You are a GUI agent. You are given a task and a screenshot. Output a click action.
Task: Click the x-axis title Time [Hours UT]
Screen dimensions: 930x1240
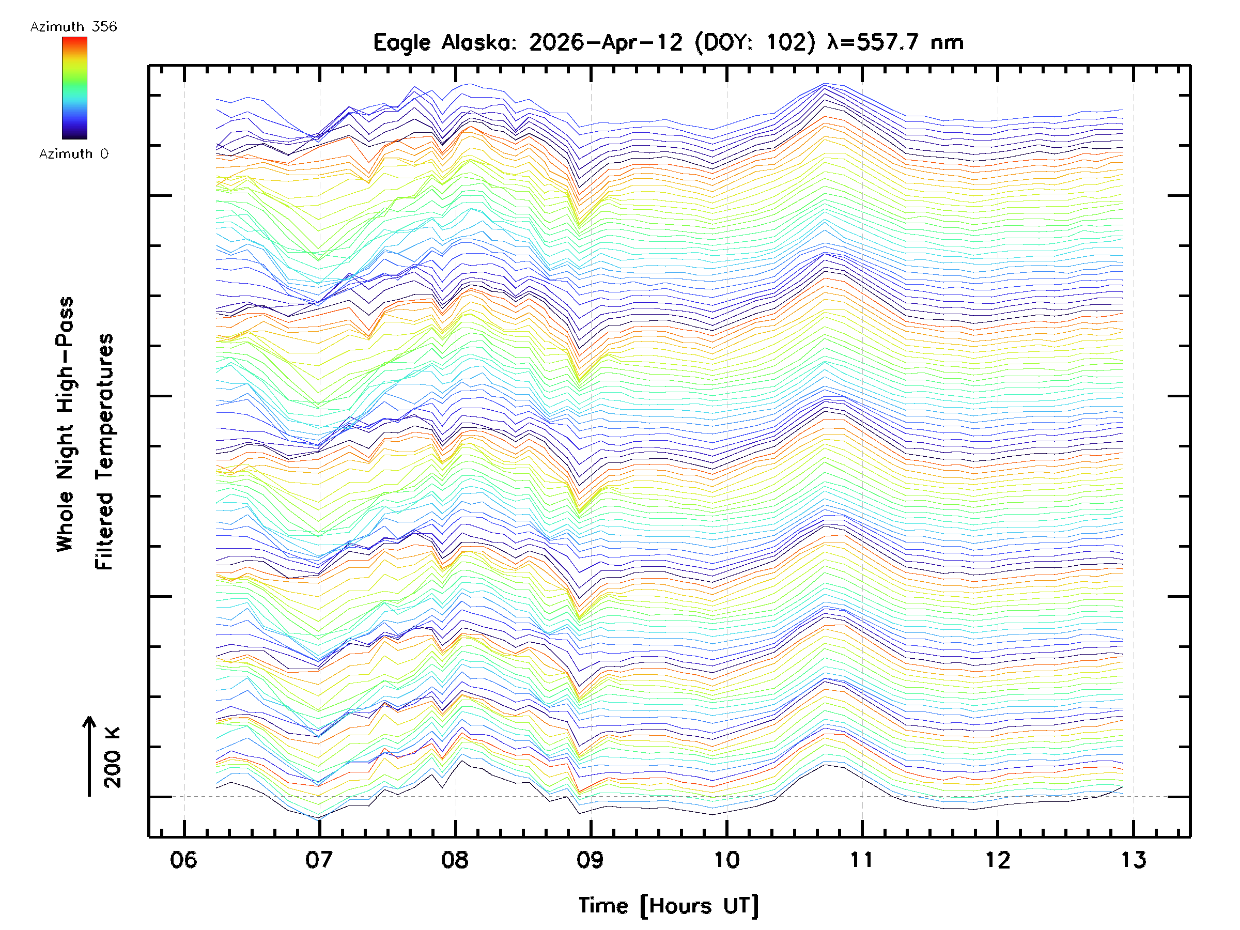[x=669, y=906]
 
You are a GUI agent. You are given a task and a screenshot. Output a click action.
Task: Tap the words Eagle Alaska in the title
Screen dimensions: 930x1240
[x=446, y=42]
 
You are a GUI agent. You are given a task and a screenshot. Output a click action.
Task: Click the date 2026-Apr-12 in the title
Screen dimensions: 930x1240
[x=606, y=42]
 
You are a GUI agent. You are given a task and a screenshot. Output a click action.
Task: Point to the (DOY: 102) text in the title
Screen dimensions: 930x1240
[x=755, y=42]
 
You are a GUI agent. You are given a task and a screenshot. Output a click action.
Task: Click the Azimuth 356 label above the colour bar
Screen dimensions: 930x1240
[x=73, y=27]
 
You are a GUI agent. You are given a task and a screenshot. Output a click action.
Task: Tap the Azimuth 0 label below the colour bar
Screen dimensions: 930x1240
[x=73, y=154]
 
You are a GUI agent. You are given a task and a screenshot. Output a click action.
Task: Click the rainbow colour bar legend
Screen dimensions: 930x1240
[x=74, y=88]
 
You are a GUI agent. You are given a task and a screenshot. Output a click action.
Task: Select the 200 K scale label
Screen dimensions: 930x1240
[x=113, y=758]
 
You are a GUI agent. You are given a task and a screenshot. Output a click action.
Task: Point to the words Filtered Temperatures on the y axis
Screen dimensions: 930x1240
[x=104, y=452]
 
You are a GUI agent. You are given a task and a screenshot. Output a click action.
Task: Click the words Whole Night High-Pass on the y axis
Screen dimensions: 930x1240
[x=65, y=424]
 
